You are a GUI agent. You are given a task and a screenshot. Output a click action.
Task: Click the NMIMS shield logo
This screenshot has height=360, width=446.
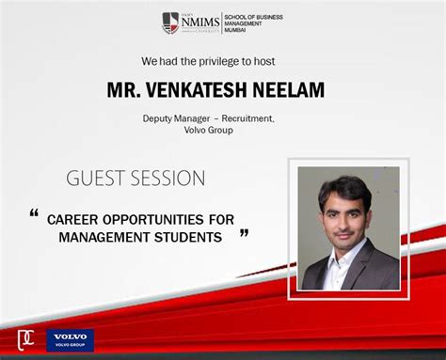170,22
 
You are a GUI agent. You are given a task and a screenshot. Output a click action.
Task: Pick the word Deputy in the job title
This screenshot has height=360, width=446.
160,119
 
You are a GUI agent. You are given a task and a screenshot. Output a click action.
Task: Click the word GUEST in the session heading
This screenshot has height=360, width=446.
99,179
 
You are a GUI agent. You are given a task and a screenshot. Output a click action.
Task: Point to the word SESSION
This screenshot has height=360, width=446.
171,179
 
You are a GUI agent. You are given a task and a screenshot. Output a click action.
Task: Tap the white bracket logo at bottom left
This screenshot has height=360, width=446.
26,339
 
